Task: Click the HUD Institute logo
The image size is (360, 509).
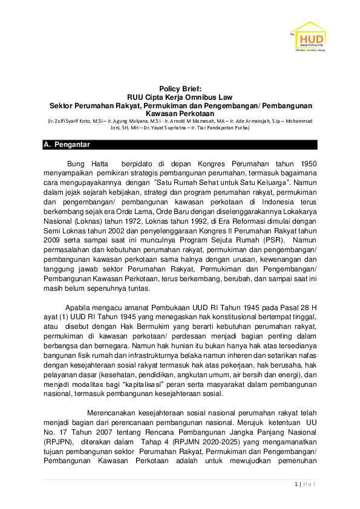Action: tap(309, 38)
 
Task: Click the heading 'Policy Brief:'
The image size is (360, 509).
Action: tap(180, 89)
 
